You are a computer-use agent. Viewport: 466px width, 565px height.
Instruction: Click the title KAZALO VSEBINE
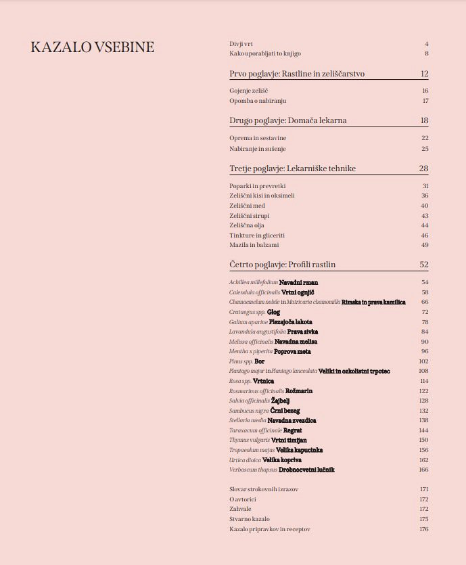[x=93, y=47]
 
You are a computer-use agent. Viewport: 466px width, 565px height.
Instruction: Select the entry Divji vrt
[x=242, y=44]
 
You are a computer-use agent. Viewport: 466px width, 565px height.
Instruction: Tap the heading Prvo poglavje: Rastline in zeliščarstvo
[x=297, y=74]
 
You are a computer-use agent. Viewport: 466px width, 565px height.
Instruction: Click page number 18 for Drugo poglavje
[x=424, y=120]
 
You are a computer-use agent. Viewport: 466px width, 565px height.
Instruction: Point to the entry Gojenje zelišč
[x=250, y=91]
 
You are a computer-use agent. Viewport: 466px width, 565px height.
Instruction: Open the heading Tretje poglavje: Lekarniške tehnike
[x=292, y=168]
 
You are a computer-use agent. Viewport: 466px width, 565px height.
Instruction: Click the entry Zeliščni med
[x=247, y=206]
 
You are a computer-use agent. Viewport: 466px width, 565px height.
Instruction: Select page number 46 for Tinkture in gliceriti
[x=425, y=235]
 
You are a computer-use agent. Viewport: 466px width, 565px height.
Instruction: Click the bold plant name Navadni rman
[x=298, y=282]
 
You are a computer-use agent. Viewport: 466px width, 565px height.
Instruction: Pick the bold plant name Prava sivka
[x=302, y=332]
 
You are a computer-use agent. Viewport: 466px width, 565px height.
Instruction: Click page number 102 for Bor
[x=423, y=361]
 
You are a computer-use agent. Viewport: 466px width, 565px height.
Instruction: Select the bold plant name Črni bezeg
[x=285, y=411]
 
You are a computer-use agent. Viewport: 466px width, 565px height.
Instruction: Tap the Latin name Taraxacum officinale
[x=256, y=430]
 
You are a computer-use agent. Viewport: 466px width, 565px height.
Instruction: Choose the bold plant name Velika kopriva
[x=282, y=460]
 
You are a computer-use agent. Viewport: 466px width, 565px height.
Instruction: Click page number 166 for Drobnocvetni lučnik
[x=423, y=470]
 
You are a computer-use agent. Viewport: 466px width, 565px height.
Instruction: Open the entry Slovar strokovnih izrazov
[x=264, y=489]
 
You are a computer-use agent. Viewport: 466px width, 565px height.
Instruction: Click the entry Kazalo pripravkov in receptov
[x=270, y=529]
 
